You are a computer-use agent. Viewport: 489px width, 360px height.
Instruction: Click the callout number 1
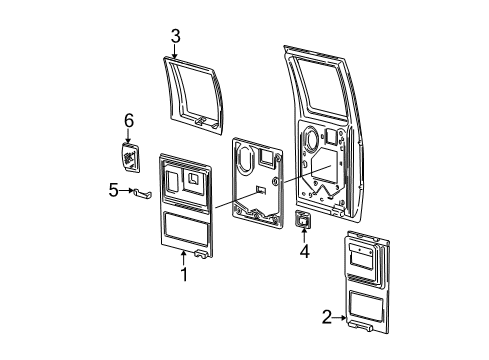click(184, 274)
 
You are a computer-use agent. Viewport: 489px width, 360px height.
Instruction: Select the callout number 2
click(327, 317)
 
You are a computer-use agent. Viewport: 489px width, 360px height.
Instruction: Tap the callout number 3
click(175, 36)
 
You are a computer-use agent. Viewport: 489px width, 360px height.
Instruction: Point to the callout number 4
click(304, 251)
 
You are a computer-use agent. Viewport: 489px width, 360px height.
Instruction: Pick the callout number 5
click(114, 190)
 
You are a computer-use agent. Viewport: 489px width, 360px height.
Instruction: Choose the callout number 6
click(129, 120)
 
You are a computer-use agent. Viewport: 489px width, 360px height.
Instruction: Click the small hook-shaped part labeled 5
click(142, 193)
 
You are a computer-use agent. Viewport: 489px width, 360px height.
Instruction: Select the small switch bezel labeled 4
click(302, 220)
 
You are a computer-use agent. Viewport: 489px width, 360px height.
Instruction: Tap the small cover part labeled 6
click(130, 157)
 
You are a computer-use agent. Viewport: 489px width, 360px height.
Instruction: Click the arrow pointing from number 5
click(126, 190)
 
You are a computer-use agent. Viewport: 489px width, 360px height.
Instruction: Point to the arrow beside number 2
click(340, 318)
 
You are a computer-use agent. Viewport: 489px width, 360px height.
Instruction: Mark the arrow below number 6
click(128, 136)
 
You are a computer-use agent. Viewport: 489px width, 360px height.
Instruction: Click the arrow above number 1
click(183, 258)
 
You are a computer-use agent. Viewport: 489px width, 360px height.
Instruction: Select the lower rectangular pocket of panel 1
click(187, 228)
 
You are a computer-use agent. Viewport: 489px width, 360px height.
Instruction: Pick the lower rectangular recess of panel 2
click(366, 306)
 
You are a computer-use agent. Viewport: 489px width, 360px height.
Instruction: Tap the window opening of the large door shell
click(319, 85)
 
